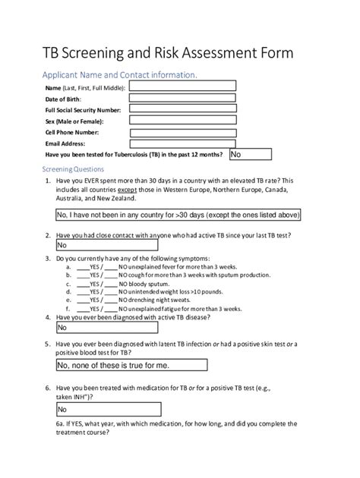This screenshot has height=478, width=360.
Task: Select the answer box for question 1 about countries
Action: pos(178,215)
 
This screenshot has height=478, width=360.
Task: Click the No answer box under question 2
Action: pos(106,245)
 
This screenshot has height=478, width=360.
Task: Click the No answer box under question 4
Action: pos(106,328)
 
